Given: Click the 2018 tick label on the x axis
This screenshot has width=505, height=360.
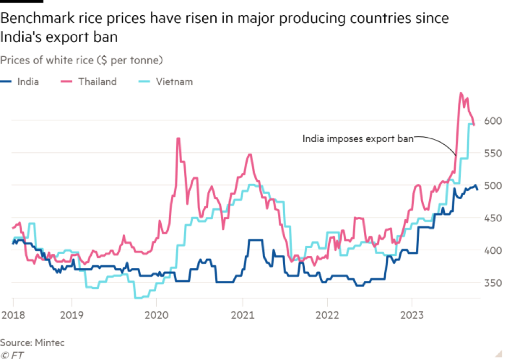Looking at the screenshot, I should (11, 315).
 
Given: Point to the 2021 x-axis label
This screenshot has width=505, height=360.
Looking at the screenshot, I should (242, 315).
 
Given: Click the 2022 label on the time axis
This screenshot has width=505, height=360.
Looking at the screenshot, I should (327, 315).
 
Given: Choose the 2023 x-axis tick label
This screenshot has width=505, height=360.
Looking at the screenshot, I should (411, 315).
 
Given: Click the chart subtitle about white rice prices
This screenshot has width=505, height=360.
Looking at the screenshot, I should (82, 61).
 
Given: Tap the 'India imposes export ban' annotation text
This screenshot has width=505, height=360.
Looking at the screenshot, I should (358, 139).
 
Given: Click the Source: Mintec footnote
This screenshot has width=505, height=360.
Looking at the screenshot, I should (32, 342).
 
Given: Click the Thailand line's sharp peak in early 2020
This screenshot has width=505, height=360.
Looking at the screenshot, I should (178, 138).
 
